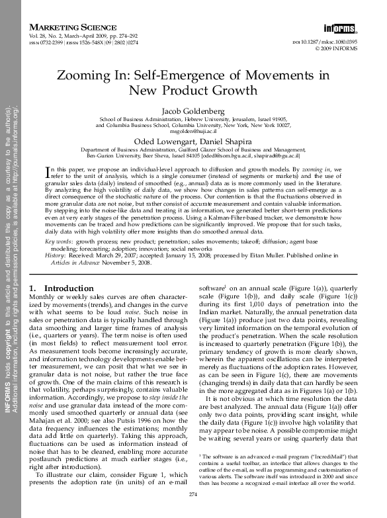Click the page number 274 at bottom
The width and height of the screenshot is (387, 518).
193,494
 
